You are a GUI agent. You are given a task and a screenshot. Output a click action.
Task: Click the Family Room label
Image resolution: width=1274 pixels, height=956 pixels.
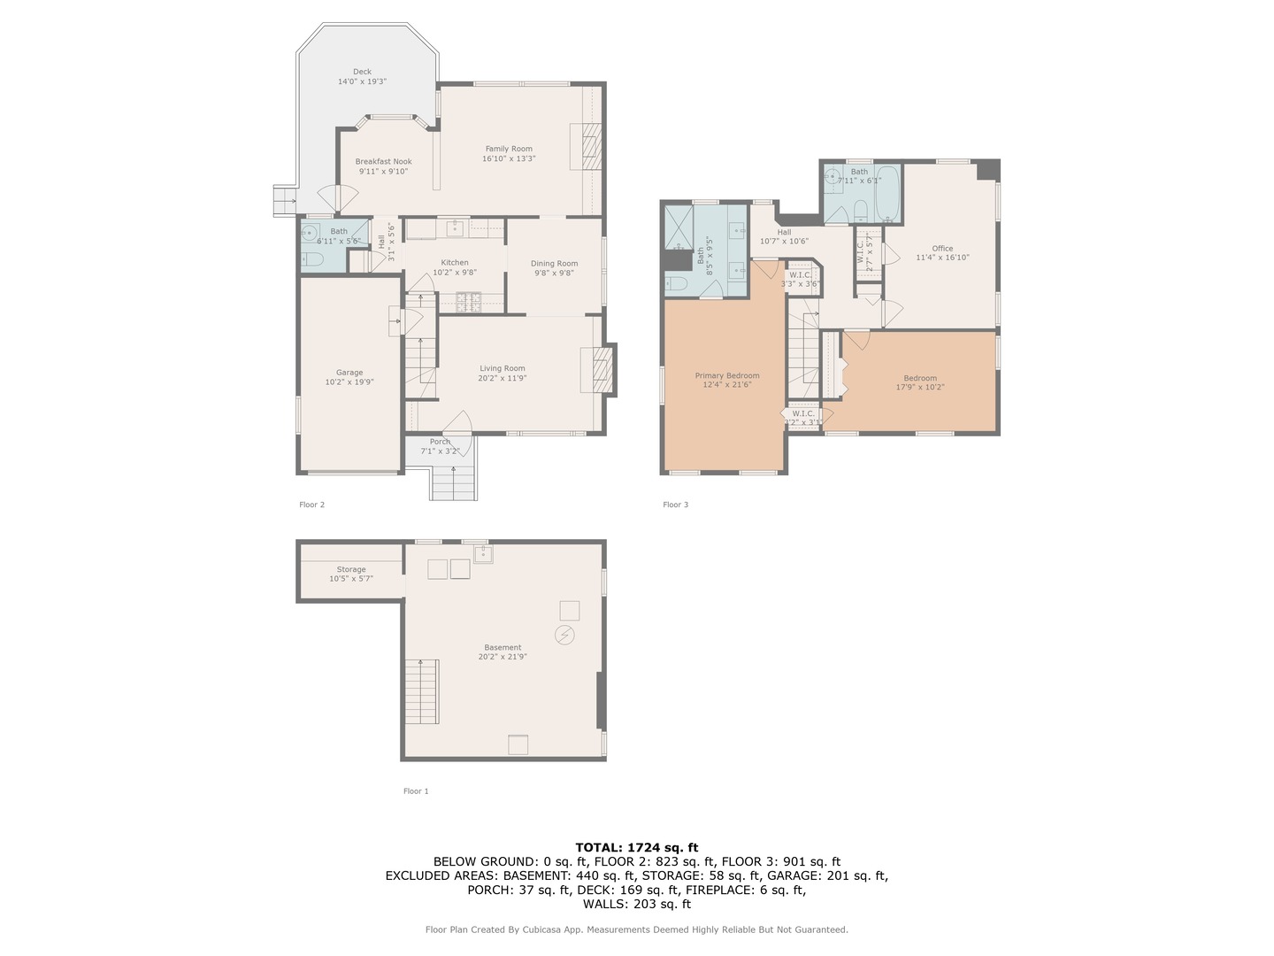509,149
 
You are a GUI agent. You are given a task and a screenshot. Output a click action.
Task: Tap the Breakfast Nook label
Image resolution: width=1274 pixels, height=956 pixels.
383,162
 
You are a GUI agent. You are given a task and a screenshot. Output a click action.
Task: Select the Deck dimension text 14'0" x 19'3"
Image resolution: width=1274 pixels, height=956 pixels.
362,81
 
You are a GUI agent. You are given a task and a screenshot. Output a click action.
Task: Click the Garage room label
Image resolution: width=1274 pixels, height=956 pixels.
349,373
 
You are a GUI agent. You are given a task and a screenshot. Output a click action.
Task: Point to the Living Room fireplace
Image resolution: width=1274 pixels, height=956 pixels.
597,369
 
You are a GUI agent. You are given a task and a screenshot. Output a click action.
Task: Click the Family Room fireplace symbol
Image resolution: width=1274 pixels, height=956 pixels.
586,146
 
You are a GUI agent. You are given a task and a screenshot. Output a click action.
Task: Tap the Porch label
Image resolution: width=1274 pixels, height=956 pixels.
440,442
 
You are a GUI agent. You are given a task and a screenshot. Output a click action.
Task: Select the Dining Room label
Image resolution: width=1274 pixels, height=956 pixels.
555,264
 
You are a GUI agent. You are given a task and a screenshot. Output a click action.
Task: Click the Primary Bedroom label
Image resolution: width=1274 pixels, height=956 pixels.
726,375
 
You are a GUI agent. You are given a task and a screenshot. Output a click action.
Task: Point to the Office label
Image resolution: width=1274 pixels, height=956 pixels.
942,249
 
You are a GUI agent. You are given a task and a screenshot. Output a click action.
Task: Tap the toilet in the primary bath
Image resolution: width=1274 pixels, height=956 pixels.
676,283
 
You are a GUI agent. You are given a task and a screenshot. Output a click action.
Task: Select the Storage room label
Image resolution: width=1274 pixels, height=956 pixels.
351,569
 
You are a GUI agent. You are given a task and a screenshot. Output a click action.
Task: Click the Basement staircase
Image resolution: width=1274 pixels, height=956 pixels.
422,691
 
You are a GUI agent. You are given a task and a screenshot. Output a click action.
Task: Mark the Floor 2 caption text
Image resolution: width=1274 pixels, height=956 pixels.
311,505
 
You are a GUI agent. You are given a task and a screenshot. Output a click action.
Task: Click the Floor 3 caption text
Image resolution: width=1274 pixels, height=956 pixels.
675,505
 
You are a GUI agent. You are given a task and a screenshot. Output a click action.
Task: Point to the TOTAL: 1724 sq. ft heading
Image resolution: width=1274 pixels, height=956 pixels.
636,847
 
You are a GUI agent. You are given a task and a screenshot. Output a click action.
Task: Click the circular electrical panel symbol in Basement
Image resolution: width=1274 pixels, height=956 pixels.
564,635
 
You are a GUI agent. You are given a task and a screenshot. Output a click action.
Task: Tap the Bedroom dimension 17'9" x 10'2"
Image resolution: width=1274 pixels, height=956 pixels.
920,387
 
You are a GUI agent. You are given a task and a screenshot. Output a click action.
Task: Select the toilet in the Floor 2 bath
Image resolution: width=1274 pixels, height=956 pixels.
311,259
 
